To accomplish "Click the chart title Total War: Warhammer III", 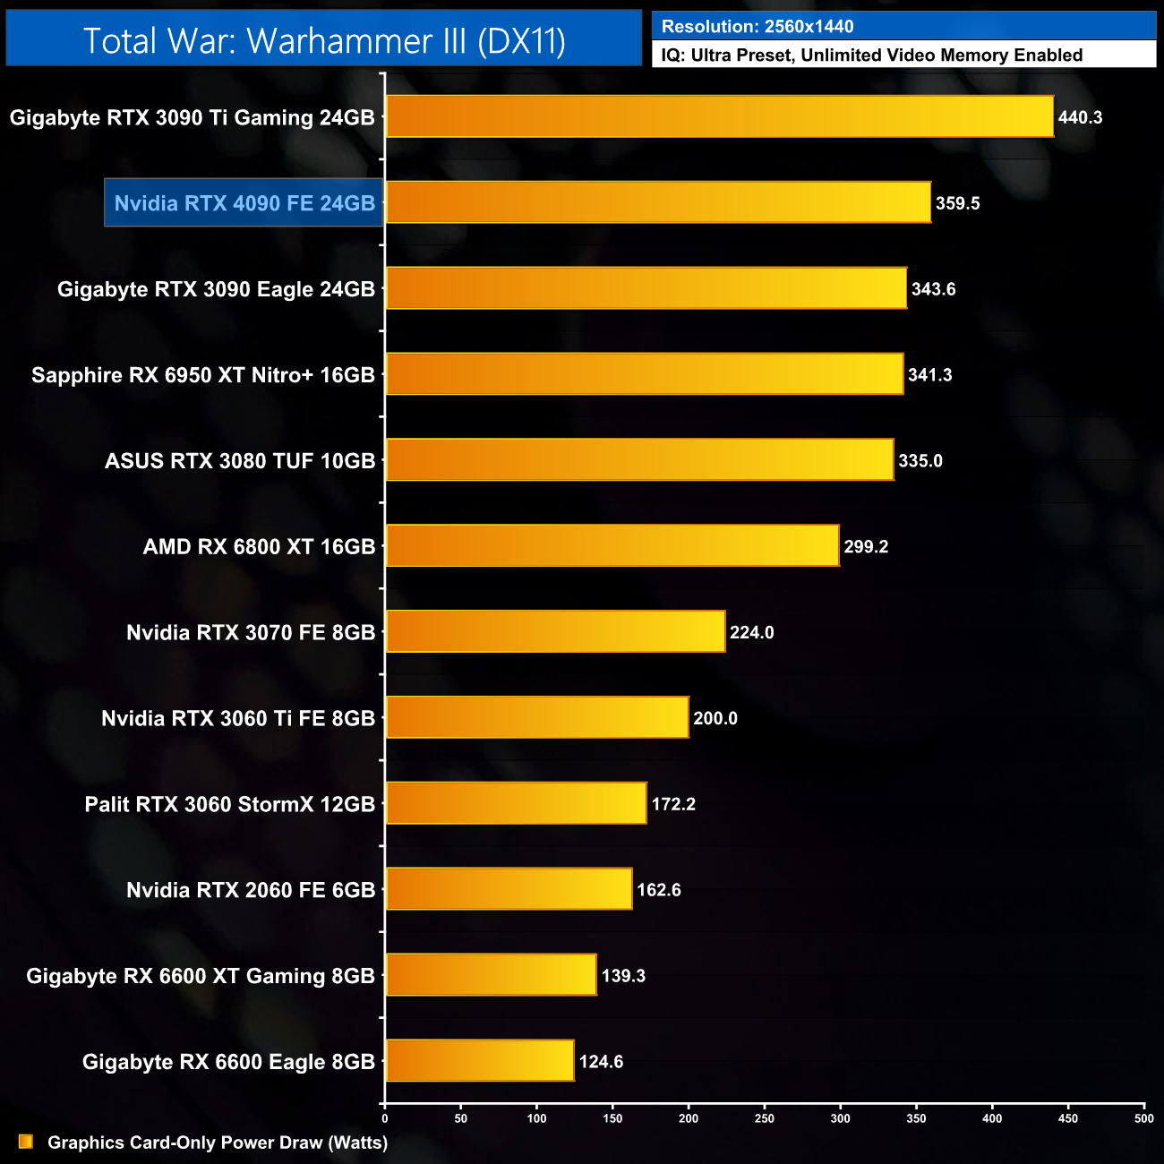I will coord(324,40).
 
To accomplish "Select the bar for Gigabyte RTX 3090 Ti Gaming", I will coord(719,116).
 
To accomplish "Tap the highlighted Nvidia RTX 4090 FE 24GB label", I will coord(244,203).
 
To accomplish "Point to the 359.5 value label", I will coord(957,203).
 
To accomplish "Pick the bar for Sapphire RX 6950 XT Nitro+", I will coord(644,374).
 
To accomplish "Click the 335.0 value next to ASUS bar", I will coord(920,460).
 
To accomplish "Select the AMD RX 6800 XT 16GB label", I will coord(259,546).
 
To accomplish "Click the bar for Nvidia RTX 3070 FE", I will coord(555,631).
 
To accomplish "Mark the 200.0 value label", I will coord(715,718).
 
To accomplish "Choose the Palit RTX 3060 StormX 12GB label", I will coord(229,804).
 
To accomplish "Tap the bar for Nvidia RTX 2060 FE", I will coord(509,889).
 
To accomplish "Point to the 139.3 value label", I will coord(623,975).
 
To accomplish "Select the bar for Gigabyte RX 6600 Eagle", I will coord(480,1060).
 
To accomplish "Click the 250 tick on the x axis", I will coord(765,1118).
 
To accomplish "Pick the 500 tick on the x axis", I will coord(1143,1118).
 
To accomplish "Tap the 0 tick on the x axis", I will coord(385,1118).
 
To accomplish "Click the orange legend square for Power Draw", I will coord(26,1142).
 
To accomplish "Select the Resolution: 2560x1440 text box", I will coord(903,26).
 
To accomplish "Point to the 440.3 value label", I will coord(1080,117).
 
